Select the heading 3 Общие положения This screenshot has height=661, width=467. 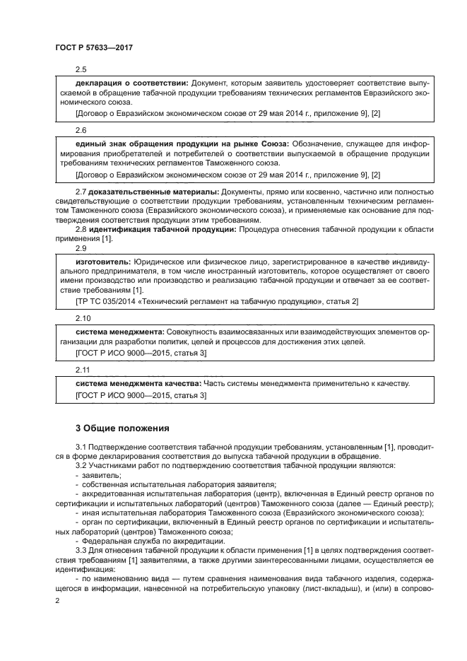[x=120, y=428]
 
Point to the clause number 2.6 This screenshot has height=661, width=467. [x=81, y=131]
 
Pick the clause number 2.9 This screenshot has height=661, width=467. [x=81, y=248]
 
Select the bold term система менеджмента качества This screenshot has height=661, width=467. [x=138, y=383]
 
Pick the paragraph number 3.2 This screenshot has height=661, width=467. [x=81, y=465]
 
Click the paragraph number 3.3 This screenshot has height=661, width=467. [x=81, y=549]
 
